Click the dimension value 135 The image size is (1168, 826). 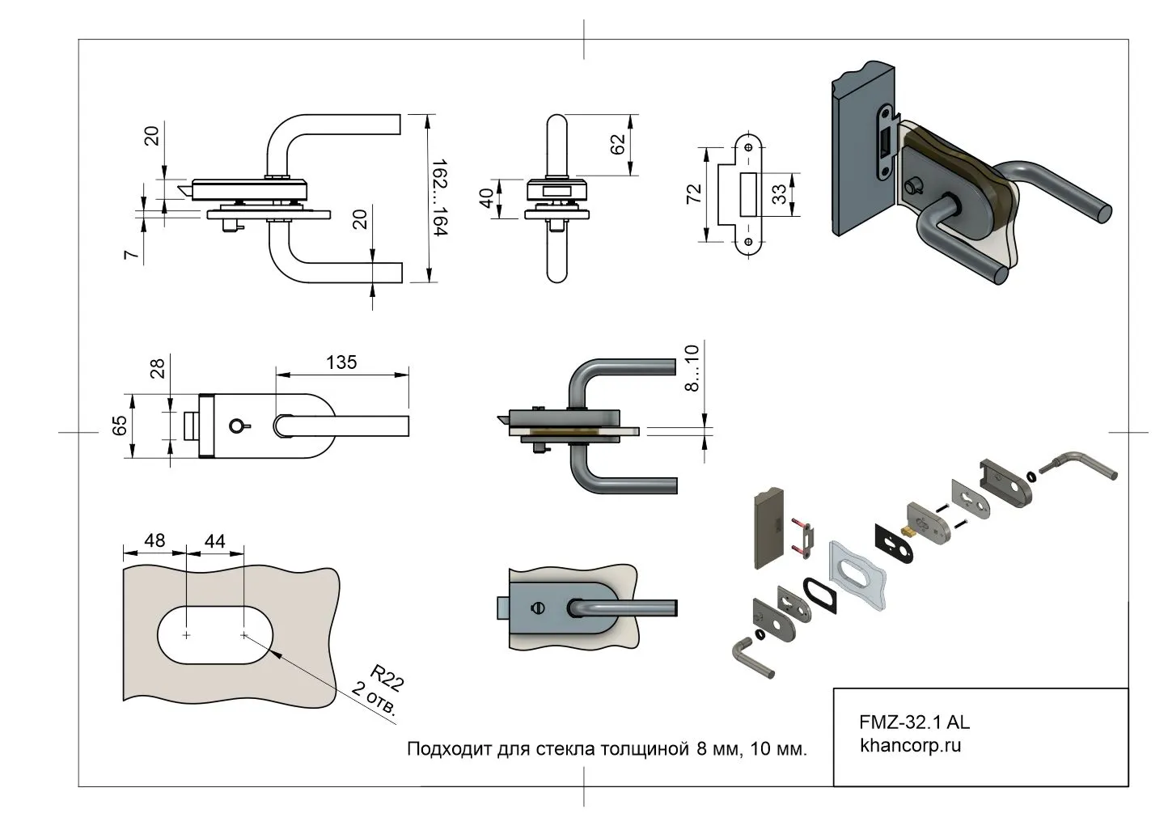tap(341, 362)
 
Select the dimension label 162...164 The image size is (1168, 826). tap(439, 198)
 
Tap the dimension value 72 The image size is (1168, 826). tap(694, 194)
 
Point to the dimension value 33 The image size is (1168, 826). tap(779, 194)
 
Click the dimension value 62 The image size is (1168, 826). tap(617, 145)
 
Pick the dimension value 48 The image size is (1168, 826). tap(154, 540)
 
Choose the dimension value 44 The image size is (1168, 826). tap(214, 540)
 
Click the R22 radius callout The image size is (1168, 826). tap(386, 676)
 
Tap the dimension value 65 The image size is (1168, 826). tap(120, 426)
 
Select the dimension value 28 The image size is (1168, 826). tap(158, 368)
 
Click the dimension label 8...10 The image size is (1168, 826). tap(692, 368)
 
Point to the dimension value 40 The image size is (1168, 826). tap(487, 198)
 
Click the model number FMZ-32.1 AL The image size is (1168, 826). tap(914, 722)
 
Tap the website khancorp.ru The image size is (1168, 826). tap(910, 745)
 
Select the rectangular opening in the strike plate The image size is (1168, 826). tap(748, 194)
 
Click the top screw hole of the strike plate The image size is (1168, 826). tap(748, 148)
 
